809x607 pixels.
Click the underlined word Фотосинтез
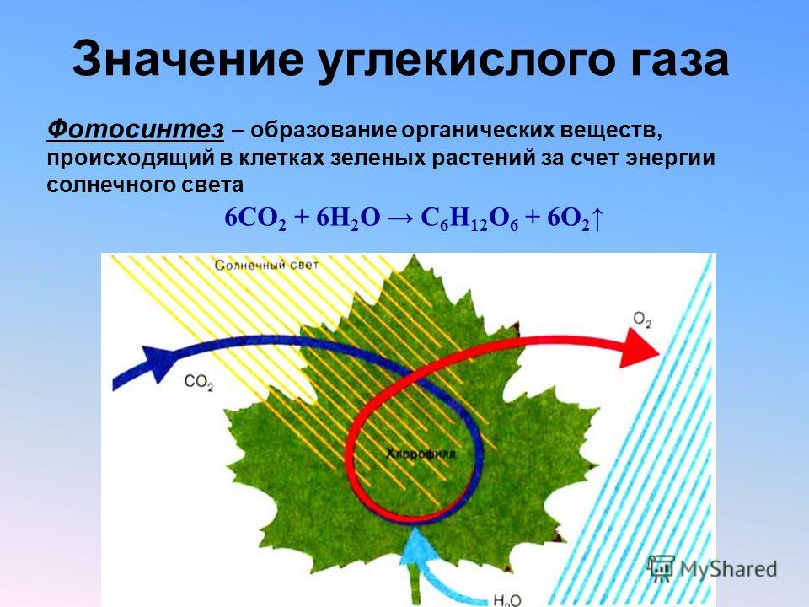pos(136,130)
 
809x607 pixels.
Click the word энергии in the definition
pos(670,158)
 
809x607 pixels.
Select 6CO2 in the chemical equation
pos(255,219)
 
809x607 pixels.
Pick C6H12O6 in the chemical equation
pos(469,219)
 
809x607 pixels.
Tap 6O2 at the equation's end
pos(568,219)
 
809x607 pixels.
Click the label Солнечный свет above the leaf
pos(267,266)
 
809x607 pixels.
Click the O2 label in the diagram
pos(642,320)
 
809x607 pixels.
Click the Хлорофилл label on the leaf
pos(421,454)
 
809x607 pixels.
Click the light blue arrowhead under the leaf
pos(415,546)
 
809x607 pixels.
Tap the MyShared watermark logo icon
pos(661,567)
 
